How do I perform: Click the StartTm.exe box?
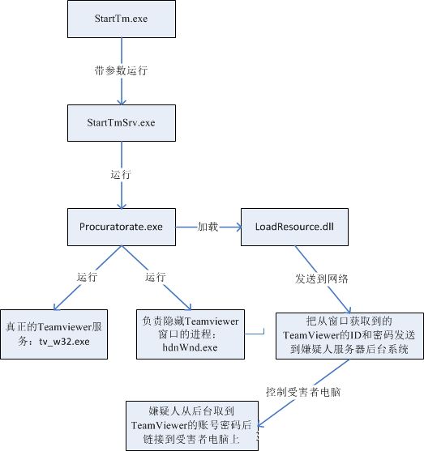pos(122,19)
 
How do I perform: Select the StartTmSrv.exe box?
pos(122,123)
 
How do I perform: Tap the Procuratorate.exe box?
pos(122,227)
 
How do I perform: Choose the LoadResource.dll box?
pos(294,227)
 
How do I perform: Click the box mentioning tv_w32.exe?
pos(54,334)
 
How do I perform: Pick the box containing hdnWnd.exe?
pos(191,334)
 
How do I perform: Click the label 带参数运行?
pos(122,70)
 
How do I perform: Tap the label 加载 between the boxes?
pos(208,227)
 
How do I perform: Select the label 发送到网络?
pos(322,279)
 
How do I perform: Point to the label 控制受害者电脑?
pos(303,392)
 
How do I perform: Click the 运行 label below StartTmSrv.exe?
pos(121,174)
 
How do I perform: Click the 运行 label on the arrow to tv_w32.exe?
pos(88,277)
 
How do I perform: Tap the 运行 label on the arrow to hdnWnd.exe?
pos(156,277)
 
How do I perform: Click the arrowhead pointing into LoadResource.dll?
pos(239,228)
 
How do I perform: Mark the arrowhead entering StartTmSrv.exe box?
pos(122,102)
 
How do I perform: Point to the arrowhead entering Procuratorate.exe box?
pos(122,206)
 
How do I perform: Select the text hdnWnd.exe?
pos(190,347)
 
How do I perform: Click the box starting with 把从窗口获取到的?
pos(349,336)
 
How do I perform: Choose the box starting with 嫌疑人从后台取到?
pos(192,426)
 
